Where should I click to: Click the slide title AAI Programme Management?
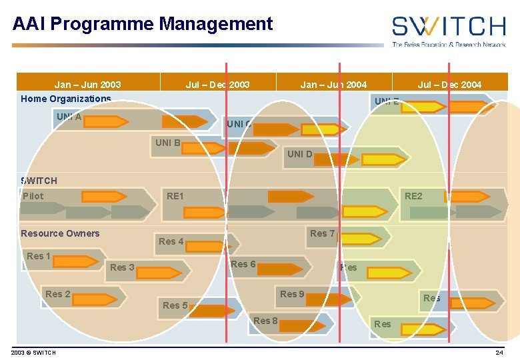(x=143, y=25)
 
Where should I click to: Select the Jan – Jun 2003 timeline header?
(x=87, y=85)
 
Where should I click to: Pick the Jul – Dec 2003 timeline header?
(x=217, y=85)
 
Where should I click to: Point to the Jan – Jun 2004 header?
(x=333, y=85)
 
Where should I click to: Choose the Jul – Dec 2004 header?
(x=449, y=85)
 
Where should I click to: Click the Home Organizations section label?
(x=65, y=99)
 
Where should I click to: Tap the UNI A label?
(x=69, y=117)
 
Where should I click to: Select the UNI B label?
(x=167, y=142)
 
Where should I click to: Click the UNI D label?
(x=299, y=154)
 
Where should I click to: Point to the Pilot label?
(x=33, y=196)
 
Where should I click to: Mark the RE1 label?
(x=175, y=196)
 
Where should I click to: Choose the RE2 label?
(x=413, y=196)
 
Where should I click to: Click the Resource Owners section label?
(x=60, y=233)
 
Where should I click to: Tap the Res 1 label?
(x=39, y=256)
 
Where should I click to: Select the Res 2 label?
(x=58, y=294)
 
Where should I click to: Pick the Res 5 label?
(x=175, y=305)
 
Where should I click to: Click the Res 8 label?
(x=265, y=321)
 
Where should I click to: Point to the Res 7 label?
(x=323, y=233)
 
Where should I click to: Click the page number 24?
(x=499, y=352)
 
